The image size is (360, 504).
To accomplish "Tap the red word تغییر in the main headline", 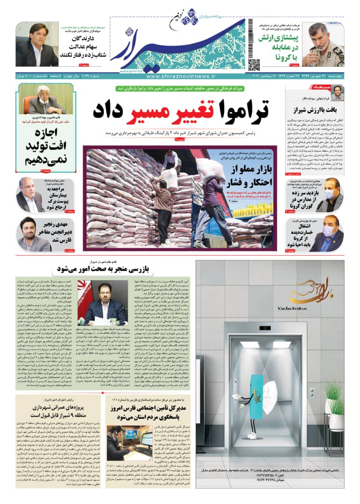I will [x=179, y=111].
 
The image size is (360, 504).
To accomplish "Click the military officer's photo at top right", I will [x=323, y=44].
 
